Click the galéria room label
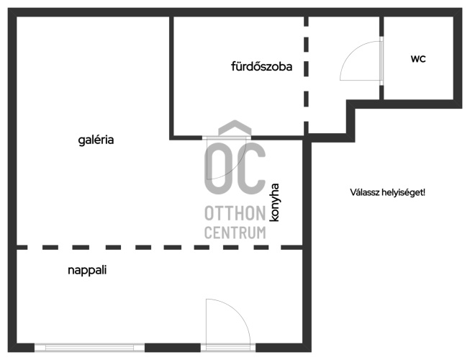tap(96, 140)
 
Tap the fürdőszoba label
tap(262, 66)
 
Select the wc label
tap(418, 59)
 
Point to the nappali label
tap(87, 271)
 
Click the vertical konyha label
tap(274, 202)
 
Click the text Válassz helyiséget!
tap(387, 192)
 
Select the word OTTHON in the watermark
tap(235, 213)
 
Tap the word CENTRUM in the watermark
tap(235, 233)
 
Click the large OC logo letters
tap(235, 169)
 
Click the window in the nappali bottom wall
tap(89, 348)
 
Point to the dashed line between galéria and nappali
tap(159, 247)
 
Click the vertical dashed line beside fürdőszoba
tap(306, 75)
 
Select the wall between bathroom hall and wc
tap(381, 58)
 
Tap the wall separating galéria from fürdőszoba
tap(171, 78)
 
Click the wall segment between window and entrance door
tap(173, 348)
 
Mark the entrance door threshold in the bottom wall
tap(228, 348)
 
